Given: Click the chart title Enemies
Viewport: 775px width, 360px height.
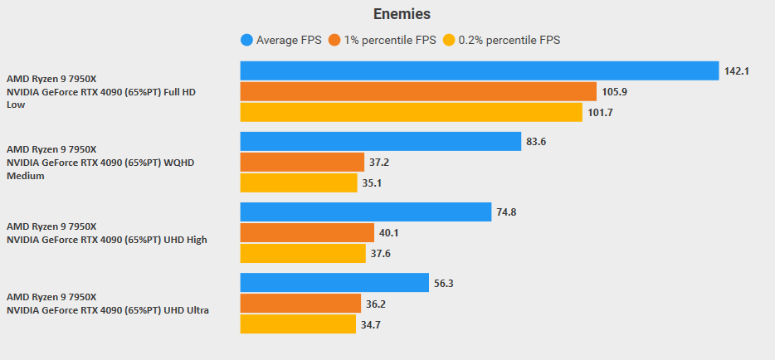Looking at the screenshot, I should point(402,13).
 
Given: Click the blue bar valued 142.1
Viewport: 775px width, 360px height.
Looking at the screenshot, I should point(479,71).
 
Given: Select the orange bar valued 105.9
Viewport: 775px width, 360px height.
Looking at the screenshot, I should point(418,91).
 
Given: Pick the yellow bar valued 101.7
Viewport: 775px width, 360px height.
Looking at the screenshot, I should point(411,112).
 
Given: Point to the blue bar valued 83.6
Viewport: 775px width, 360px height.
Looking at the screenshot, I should point(380,141).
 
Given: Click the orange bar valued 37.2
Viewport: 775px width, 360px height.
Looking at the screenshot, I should point(302,162).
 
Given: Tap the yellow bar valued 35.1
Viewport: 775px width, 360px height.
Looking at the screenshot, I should point(299,182).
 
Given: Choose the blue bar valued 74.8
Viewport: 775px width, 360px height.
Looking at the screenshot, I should point(365,212).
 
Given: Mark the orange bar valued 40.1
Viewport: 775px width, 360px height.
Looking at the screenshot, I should point(307,232).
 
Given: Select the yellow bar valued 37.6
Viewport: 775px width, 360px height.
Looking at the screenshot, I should point(303,253).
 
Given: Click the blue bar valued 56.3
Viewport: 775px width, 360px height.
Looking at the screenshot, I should point(334,283).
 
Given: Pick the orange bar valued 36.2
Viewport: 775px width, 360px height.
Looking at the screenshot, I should point(300,304).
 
